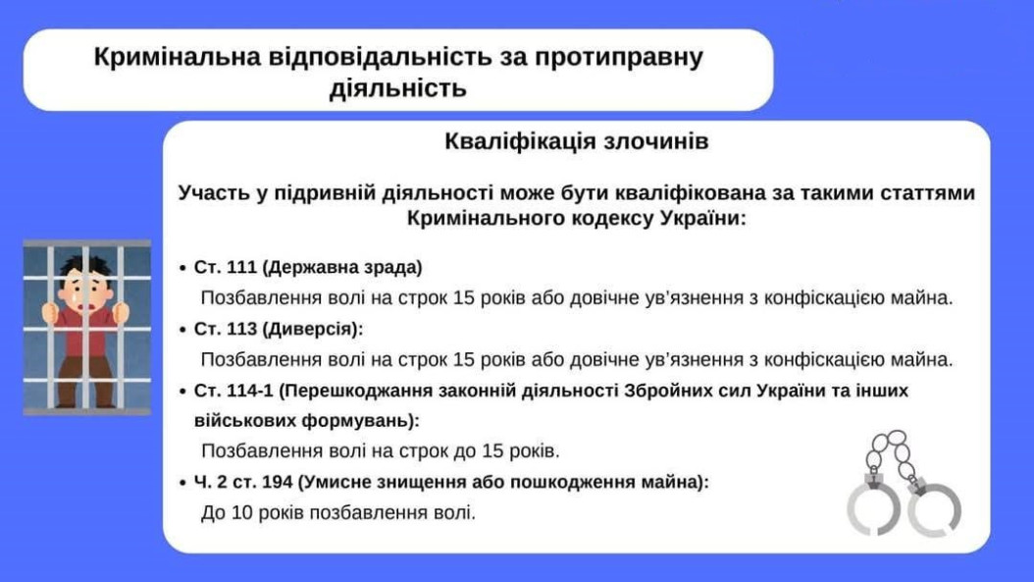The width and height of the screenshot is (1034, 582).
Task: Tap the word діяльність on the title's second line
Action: (397, 87)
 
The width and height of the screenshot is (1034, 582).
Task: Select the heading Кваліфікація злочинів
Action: (576, 141)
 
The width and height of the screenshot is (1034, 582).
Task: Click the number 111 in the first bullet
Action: (241, 267)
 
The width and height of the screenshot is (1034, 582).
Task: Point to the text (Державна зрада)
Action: (342, 267)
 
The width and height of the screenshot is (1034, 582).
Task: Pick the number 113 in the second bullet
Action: (241, 329)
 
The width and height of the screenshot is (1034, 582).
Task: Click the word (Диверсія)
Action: (311, 329)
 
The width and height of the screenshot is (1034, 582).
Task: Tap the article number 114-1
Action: (249, 391)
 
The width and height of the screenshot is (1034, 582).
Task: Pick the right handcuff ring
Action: (934, 509)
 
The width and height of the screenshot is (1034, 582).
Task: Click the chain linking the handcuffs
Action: (892, 452)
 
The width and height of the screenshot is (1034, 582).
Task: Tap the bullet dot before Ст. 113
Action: (182, 330)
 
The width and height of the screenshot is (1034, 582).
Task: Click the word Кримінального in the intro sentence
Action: (491, 219)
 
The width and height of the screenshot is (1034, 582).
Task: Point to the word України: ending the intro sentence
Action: (703, 218)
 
